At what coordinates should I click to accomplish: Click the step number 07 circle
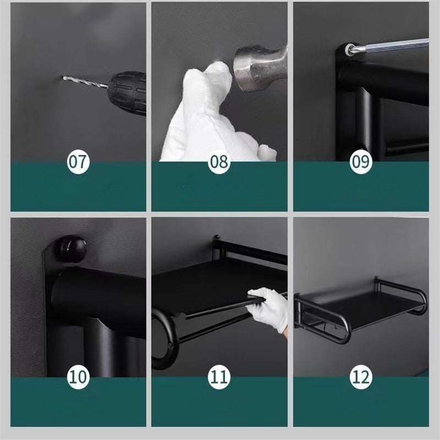coord(78,162)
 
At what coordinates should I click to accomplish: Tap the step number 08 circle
coord(219,162)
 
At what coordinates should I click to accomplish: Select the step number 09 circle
coord(361,162)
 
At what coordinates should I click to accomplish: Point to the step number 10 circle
coord(78,377)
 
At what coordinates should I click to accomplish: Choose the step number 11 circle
coord(219,377)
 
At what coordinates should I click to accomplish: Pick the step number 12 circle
coord(361,377)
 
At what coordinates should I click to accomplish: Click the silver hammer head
coord(260,68)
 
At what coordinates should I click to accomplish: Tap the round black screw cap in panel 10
coord(71,249)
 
